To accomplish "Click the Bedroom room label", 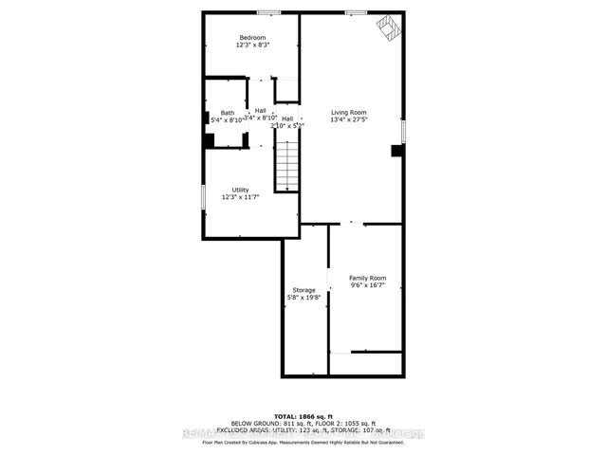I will click(251, 38).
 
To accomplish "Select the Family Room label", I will click(367, 278).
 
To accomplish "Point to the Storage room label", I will click(303, 290).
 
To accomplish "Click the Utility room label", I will click(240, 190).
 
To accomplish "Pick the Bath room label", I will click(228, 113).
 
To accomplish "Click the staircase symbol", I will click(287, 165).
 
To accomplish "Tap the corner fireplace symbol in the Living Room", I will click(388, 26).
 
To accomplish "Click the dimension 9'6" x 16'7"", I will click(367, 286).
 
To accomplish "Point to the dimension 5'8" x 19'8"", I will click(303, 298).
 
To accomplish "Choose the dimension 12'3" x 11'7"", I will click(240, 197).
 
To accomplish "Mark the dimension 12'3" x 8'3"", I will click(251, 45).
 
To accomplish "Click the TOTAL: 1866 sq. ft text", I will click(303, 416).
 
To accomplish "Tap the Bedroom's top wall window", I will click(268, 11).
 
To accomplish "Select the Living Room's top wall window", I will click(356, 11).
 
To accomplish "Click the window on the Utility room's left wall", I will click(203, 195).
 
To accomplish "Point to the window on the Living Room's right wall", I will click(403, 131).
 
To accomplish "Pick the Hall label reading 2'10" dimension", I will click(286, 122).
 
